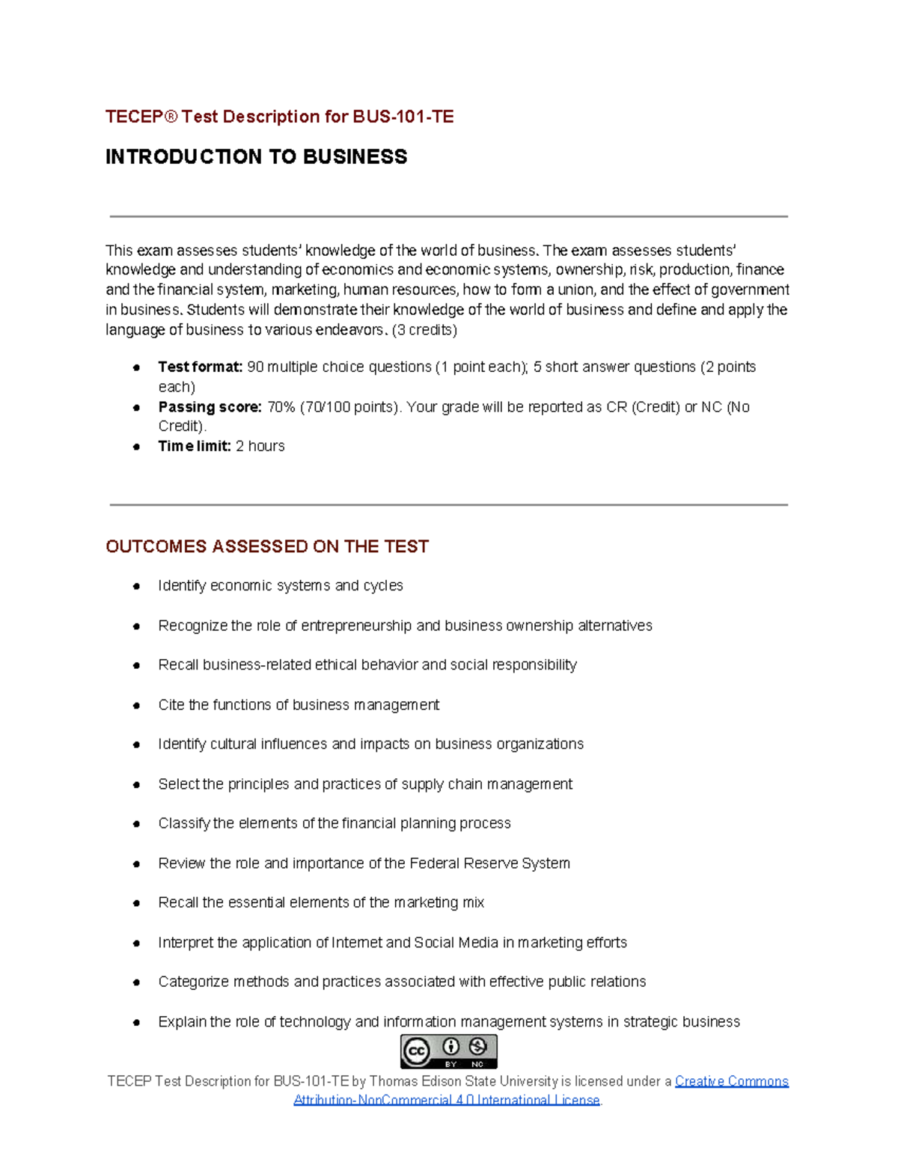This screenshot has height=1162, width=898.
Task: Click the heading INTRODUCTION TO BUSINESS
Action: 256,156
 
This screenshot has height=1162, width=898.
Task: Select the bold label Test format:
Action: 200,367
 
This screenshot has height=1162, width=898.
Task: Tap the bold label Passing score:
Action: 210,407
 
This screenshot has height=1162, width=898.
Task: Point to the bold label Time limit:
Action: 195,446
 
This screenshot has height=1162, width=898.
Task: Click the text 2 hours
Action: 260,446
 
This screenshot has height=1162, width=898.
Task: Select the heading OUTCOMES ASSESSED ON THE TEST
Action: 267,546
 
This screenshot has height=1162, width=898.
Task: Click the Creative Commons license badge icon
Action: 448,1051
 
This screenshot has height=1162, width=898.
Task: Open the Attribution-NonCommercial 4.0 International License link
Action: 447,1100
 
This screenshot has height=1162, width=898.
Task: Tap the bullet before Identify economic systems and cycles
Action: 136,586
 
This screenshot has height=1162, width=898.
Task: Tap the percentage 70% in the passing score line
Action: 281,407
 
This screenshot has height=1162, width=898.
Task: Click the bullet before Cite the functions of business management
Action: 136,706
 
